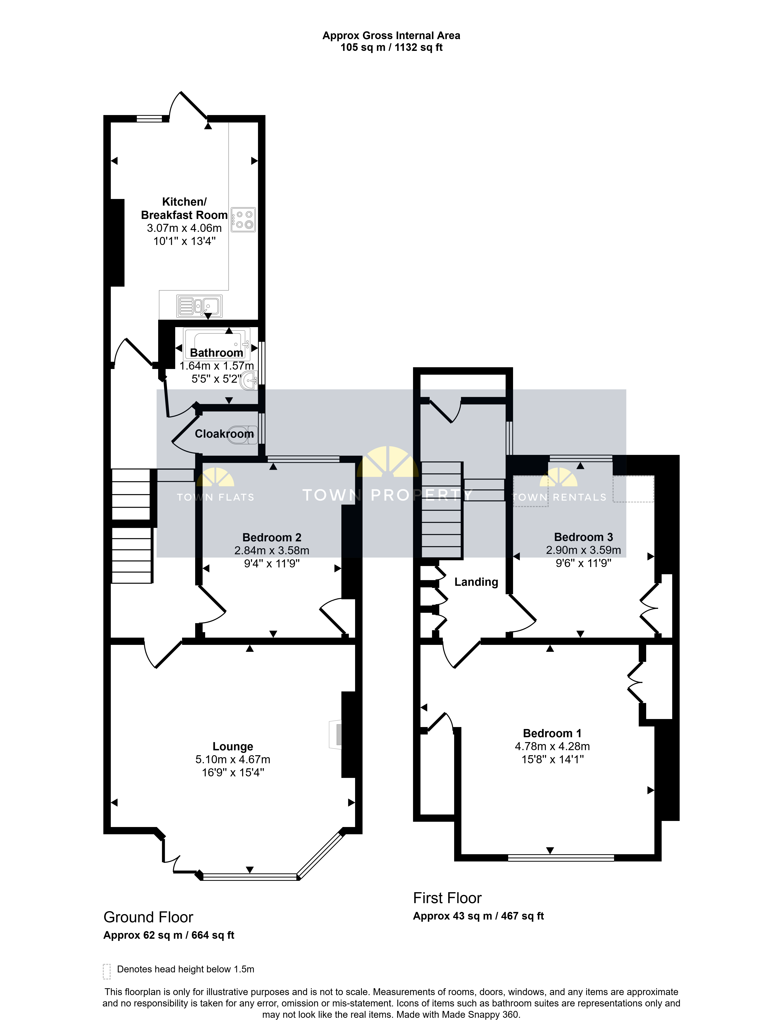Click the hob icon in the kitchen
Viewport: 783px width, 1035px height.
pyautogui.click(x=243, y=220)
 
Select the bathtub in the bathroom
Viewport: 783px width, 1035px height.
pyautogui.click(x=217, y=344)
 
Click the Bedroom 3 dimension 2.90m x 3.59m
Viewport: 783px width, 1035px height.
pyautogui.click(x=583, y=550)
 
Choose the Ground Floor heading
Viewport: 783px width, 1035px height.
pyautogui.click(x=148, y=917)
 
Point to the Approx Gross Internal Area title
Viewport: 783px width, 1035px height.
pyautogui.click(x=391, y=36)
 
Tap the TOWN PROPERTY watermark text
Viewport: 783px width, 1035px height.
pyautogui.click(x=388, y=495)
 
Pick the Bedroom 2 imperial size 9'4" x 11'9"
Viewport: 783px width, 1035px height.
pyautogui.click(x=272, y=563)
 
